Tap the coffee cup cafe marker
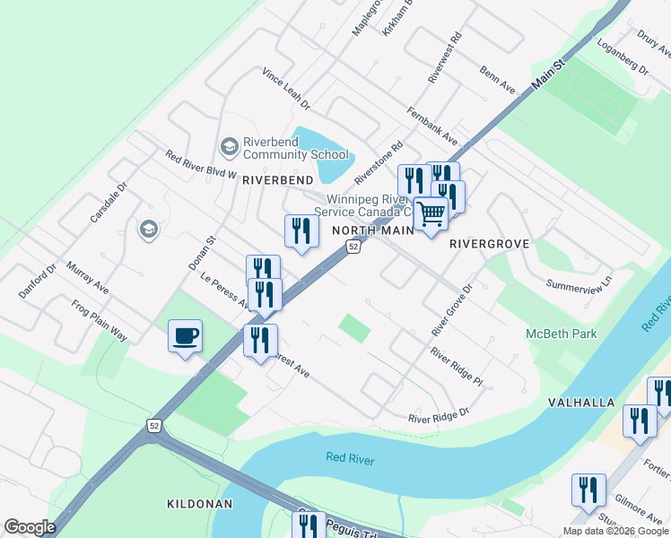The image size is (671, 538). [186, 337]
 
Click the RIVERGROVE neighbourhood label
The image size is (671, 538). [489, 243]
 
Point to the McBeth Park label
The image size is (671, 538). [561, 334]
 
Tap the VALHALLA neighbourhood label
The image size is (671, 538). [580, 403]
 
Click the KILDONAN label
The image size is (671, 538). [199, 504]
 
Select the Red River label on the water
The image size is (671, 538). [350, 459]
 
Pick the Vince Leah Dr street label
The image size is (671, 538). [286, 89]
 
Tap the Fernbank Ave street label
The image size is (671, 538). [431, 127]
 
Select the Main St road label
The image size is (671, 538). [550, 74]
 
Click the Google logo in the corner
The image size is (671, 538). [30, 526]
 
